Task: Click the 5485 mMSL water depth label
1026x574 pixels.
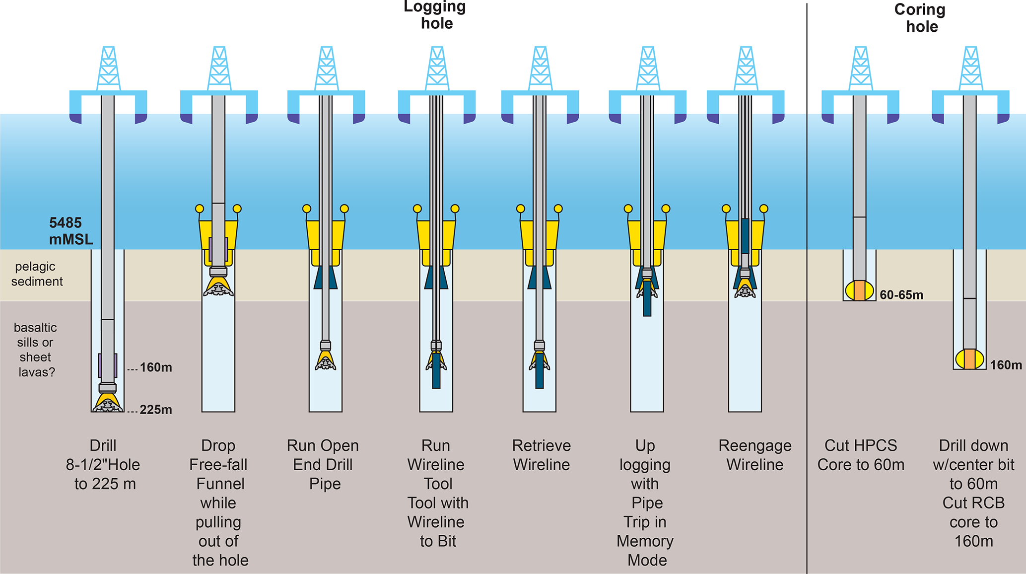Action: (70, 231)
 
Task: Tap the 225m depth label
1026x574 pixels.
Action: (155, 410)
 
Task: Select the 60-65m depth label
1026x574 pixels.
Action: (901, 295)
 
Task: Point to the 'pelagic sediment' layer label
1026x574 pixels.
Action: (37, 274)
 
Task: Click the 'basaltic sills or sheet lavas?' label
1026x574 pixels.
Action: (35, 350)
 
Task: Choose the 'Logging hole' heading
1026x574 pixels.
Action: (436, 15)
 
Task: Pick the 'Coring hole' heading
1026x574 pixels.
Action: (920, 18)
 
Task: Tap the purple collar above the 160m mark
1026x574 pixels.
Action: (108, 365)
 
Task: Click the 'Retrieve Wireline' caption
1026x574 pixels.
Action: (541, 455)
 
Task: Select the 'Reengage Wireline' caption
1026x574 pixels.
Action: (754, 455)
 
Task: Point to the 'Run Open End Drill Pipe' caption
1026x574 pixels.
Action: (323, 464)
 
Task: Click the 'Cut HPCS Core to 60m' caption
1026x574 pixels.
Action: (861, 455)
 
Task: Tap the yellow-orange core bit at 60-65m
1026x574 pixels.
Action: (859, 290)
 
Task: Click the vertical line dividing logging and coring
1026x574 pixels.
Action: (807, 288)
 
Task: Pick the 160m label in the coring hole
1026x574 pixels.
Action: (1006, 365)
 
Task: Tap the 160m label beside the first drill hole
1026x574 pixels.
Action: (155, 367)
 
